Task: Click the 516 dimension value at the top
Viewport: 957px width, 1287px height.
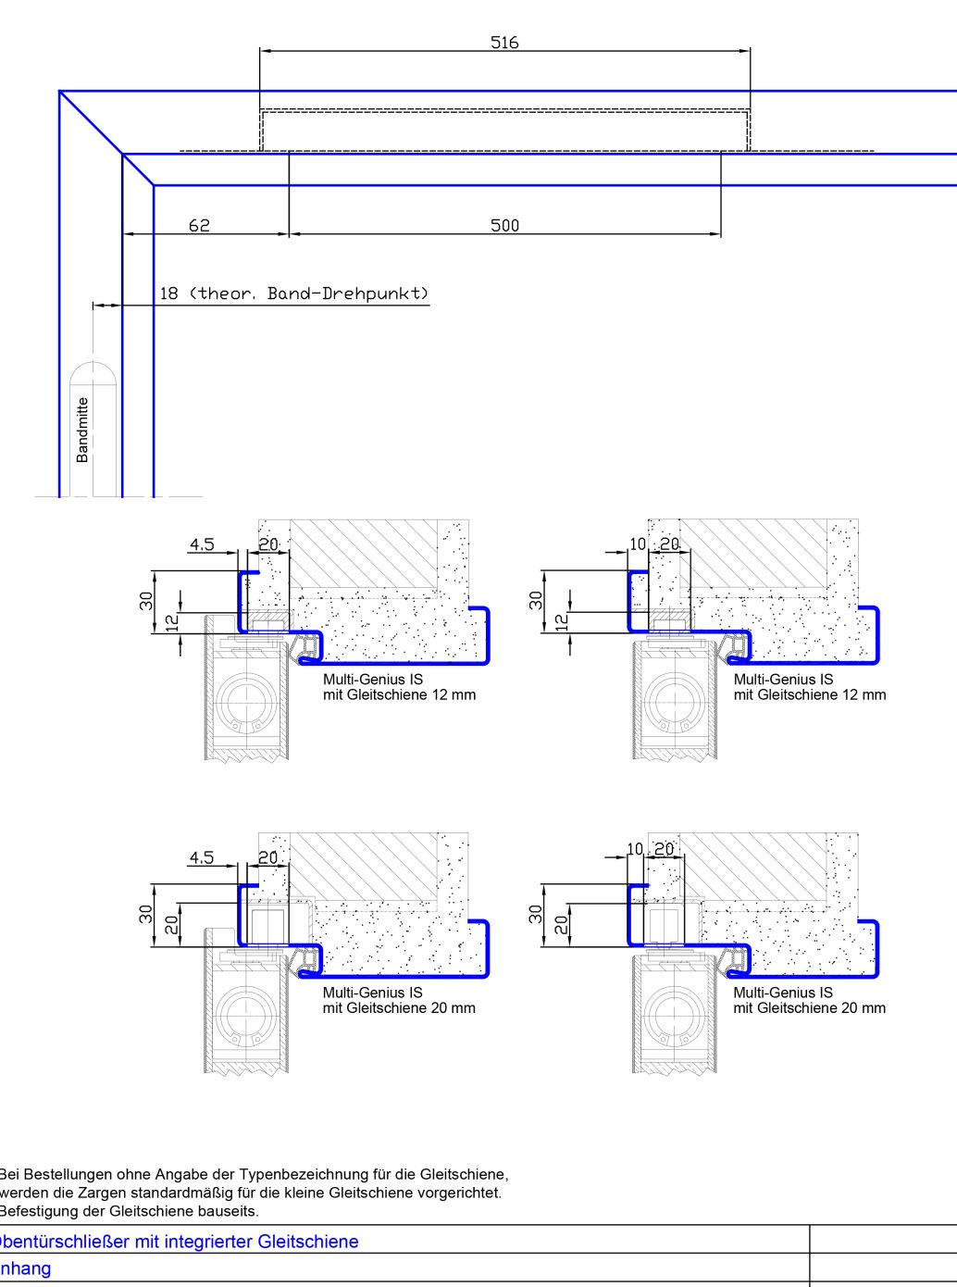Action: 504,43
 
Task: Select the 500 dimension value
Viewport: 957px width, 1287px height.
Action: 504,225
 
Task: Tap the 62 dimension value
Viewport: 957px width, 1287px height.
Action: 199,225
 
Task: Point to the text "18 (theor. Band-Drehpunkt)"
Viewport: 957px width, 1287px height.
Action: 294,294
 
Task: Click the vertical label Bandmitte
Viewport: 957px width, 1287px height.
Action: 82,430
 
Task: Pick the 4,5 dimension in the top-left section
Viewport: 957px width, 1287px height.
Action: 201,544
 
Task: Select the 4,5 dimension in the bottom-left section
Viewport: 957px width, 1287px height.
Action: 201,857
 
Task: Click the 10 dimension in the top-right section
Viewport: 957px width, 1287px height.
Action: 637,544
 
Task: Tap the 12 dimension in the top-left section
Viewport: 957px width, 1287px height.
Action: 172,622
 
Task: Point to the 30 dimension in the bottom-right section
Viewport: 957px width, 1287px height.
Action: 536,914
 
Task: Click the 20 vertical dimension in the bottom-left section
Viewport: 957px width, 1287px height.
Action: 172,924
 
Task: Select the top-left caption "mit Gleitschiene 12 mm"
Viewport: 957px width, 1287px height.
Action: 399,695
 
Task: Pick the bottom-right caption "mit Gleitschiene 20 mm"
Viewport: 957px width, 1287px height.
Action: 809,1008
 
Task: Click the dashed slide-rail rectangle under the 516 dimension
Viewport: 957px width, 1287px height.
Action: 504,130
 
